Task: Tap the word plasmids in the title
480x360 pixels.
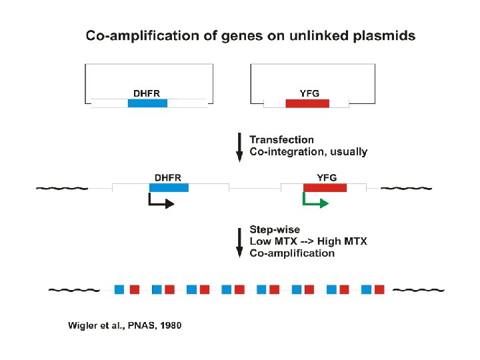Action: pos(384,36)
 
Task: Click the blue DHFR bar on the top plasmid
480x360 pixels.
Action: pos(147,103)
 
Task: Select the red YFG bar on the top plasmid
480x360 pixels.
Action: pos(307,103)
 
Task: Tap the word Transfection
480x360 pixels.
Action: pos(281,139)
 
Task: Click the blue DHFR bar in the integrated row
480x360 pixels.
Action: pos(169,189)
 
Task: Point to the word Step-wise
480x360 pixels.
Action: pos(275,230)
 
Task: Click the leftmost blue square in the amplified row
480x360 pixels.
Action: pos(119,289)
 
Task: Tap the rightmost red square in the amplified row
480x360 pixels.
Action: pos(379,289)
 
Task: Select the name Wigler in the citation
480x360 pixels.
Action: pos(83,325)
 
